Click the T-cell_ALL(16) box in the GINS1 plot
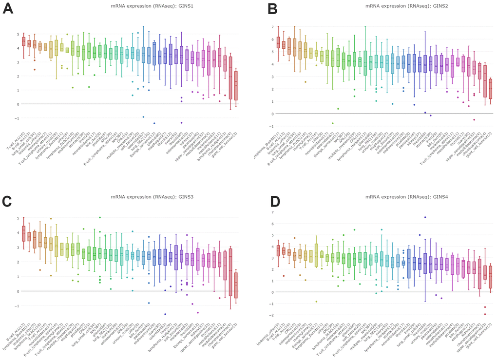[23, 41]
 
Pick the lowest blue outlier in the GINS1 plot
[154, 123]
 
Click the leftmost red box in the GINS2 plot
[278, 42]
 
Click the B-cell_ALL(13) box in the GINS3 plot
[23, 233]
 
